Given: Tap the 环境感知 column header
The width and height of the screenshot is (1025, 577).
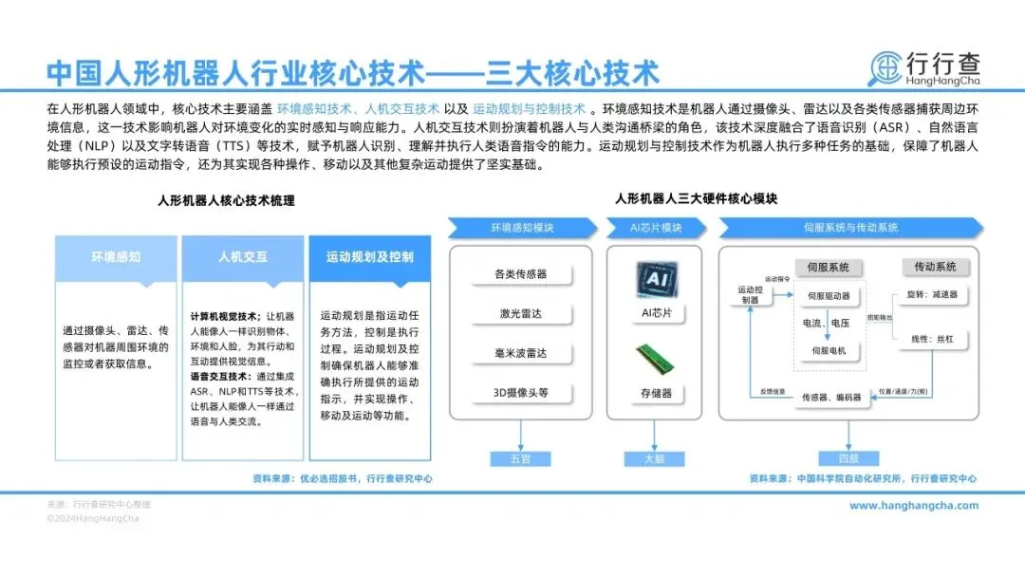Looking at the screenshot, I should [x=116, y=257].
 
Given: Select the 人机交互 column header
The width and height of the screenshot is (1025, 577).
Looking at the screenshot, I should [x=243, y=257].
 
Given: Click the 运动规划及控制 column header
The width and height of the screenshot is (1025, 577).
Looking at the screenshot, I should [x=369, y=257].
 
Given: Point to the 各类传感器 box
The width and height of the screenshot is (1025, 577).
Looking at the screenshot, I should [x=520, y=274].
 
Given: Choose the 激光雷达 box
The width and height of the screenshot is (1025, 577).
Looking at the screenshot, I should [x=520, y=314].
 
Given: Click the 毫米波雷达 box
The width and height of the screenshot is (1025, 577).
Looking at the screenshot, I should [x=520, y=353].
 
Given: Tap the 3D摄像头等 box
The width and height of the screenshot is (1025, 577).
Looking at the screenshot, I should [x=520, y=392].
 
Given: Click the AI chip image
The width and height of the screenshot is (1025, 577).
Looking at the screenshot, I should [x=655, y=281].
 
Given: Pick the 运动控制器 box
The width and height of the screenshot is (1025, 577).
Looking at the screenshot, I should [x=750, y=294].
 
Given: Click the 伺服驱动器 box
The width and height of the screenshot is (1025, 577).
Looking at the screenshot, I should [x=829, y=296].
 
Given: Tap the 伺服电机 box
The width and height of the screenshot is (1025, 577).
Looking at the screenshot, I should [x=829, y=351].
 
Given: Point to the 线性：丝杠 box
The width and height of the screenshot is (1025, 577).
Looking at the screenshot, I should [x=932, y=339].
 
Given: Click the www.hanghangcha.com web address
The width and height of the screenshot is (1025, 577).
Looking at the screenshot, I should [x=913, y=506].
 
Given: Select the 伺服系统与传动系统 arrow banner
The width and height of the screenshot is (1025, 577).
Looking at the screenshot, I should [x=850, y=228].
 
